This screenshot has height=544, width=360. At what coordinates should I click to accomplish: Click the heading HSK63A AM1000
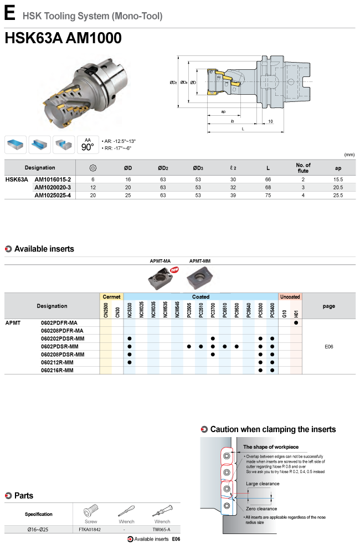[63, 38]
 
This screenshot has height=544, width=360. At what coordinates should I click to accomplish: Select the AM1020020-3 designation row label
[53, 187]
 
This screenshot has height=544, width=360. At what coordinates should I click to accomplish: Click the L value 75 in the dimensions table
[268, 196]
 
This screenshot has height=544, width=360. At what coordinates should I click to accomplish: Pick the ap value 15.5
[338, 179]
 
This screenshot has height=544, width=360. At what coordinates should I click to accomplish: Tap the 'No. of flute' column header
[303, 168]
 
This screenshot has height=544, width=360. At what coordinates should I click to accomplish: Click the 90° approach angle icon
[88, 145]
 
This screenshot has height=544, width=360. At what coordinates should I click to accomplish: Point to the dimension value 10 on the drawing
[270, 121]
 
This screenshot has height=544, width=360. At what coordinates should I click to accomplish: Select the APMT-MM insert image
[200, 278]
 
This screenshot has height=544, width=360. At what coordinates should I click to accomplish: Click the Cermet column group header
[111, 296]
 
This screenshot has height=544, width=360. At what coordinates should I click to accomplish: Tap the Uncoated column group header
[290, 296]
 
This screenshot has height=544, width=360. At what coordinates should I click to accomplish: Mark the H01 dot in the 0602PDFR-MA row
[296, 322]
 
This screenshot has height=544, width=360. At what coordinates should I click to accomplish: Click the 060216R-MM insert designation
[57, 370]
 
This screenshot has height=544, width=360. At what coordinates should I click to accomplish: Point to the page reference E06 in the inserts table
[329, 347]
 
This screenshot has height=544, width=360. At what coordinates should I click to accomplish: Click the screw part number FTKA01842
[90, 530]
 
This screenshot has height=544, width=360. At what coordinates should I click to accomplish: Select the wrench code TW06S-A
[162, 530]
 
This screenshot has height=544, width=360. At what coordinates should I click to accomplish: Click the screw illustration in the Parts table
[91, 511]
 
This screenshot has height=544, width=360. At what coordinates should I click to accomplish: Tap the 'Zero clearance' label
[261, 509]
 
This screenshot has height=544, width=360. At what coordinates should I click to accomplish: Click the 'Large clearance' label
[263, 484]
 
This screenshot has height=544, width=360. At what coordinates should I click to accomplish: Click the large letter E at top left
[10, 13]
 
